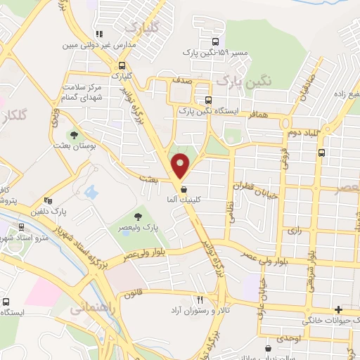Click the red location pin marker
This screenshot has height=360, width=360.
click(x=182, y=165)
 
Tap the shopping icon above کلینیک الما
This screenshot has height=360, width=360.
click(x=184, y=189)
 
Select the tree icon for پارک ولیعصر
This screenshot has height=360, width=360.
click(x=138, y=217)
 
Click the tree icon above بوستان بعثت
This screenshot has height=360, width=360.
click(x=75, y=134)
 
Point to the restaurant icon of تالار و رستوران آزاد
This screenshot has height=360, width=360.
click(x=200, y=299)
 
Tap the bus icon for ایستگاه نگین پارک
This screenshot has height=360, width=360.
click(x=207, y=100)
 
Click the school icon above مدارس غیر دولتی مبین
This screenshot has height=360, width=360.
click(x=100, y=33)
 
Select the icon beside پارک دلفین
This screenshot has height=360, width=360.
click(x=48, y=200)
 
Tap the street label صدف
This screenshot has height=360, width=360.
click(x=181, y=81)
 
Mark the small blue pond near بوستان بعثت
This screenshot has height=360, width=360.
click(x=91, y=191)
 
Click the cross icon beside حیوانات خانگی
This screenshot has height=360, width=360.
click(x=339, y=309)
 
